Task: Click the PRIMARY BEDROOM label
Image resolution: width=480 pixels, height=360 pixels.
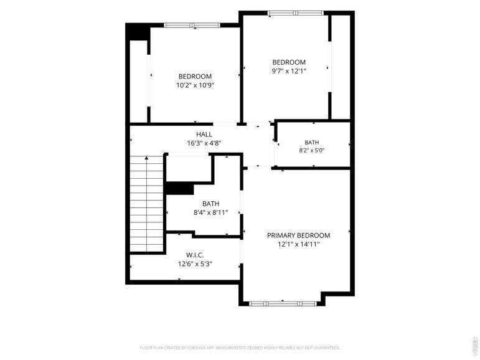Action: [298, 235]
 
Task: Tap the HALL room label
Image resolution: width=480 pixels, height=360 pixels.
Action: [204, 134]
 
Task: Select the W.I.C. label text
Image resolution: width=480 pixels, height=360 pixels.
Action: [195, 255]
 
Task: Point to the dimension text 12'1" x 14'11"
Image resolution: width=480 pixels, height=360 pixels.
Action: [298, 244]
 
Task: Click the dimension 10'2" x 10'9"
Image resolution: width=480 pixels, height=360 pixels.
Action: [195, 85]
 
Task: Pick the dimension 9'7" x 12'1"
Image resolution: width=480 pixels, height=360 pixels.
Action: [289, 71]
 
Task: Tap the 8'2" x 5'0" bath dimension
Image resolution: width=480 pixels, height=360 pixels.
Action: [312, 150]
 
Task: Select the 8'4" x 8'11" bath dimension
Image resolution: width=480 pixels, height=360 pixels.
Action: [210, 212]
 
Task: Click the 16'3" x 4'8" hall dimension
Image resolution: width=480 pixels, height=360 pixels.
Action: [204, 143]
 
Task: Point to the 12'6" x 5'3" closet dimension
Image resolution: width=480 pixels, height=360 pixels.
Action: [195, 264]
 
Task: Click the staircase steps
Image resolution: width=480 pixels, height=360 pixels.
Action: [147, 204]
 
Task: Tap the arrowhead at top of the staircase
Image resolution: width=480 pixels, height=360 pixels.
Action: [147, 158]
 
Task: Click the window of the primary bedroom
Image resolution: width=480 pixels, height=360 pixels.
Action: [282, 303]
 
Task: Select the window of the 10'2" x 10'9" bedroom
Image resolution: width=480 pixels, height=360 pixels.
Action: [192, 25]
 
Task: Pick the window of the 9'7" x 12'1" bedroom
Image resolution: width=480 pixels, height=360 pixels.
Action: [295, 13]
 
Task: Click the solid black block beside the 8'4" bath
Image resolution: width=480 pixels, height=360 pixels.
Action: [180, 189]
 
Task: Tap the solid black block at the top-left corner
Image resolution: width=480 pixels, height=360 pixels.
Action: [137, 32]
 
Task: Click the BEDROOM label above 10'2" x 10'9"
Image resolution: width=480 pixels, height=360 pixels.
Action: [195, 76]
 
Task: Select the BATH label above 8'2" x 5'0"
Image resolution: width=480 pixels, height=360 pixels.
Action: [312, 143]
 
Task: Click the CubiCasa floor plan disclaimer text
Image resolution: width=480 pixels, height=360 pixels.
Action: [240, 348]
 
